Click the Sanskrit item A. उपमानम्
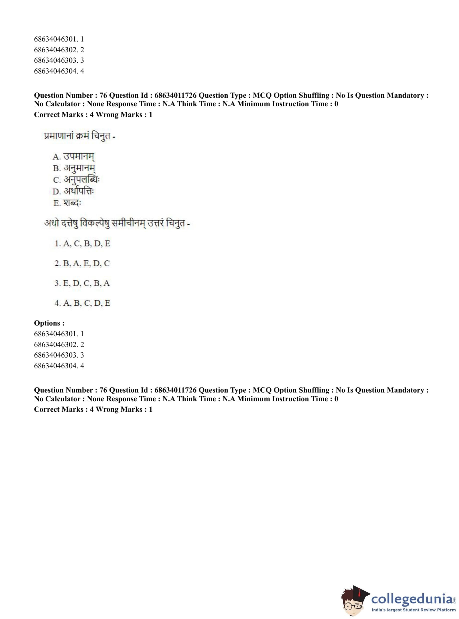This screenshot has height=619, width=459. pyautogui.click(x=74, y=156)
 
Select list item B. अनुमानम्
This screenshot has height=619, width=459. pyautogui.click(x=74, y=168)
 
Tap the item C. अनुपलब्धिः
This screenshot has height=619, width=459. pyautogui.click(x=76, y=180)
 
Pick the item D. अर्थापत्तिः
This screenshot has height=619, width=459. pyautogui.click(x=73, y=191)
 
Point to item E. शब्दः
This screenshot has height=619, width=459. pyautogui.click(x=67, y=203)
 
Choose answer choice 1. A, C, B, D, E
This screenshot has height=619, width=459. pyautogui.click(x=82, y=244)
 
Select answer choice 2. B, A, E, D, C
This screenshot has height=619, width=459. pyautogui.click(x=82, y=263)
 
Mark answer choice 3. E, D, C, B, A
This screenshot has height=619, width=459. pyautogui.click(x=82, y=283)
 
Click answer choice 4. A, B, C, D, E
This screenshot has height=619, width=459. pyautogui.click(x=82, y=303)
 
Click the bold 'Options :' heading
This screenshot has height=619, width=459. pyautogui.click(x=49, y=323)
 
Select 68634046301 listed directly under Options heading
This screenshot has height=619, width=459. pyautogui.click(x=59, y=334)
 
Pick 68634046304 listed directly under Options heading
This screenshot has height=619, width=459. pyautogui.click(x=59, y=366)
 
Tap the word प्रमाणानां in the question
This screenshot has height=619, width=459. pyautogui.click(x=59, y=136)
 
